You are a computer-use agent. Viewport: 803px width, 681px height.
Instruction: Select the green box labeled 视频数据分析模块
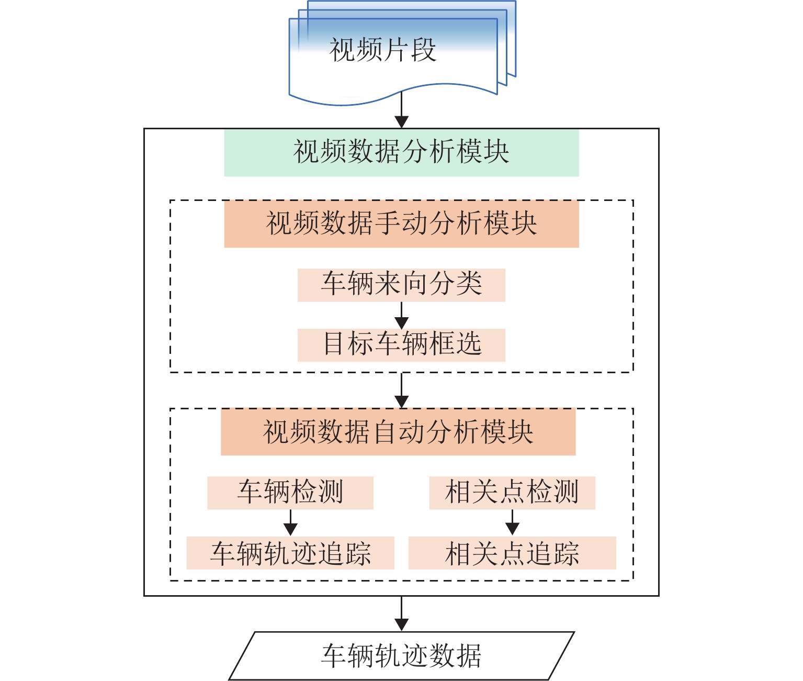pos(401,152)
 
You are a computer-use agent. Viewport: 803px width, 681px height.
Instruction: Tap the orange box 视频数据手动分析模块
pos(401,224)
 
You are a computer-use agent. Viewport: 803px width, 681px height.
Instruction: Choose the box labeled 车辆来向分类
pos(401,285)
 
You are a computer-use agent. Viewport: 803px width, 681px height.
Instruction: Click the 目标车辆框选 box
pos(401,345)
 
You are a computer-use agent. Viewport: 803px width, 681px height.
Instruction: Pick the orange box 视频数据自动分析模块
pos(398,432)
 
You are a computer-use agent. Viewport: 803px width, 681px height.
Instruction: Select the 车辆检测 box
pos(290,493)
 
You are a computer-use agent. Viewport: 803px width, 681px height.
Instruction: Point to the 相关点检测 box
pos(512,493)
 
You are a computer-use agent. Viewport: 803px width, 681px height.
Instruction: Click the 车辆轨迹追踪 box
pos(290,553)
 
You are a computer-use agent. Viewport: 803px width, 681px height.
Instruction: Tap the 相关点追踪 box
pos(512,553)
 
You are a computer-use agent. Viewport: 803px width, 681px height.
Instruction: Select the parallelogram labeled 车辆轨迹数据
pos(401,656)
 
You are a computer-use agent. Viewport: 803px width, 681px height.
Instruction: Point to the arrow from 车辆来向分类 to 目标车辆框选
pos(401,315)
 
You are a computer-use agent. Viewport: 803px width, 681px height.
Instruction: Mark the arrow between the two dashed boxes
pos(401,390)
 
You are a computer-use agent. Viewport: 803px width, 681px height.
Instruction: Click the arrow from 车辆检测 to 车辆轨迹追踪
pos(290,523)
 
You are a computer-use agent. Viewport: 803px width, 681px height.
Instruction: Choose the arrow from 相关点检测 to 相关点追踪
pos(512,523)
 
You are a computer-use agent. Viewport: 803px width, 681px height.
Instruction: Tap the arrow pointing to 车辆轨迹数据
pos(401,613)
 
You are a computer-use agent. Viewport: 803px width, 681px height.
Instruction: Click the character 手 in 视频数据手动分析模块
pos(388,224)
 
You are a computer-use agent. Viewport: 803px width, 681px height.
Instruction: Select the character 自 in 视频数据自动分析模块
pos(384,432)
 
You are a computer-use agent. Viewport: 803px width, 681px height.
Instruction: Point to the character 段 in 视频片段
pos(423,50)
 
